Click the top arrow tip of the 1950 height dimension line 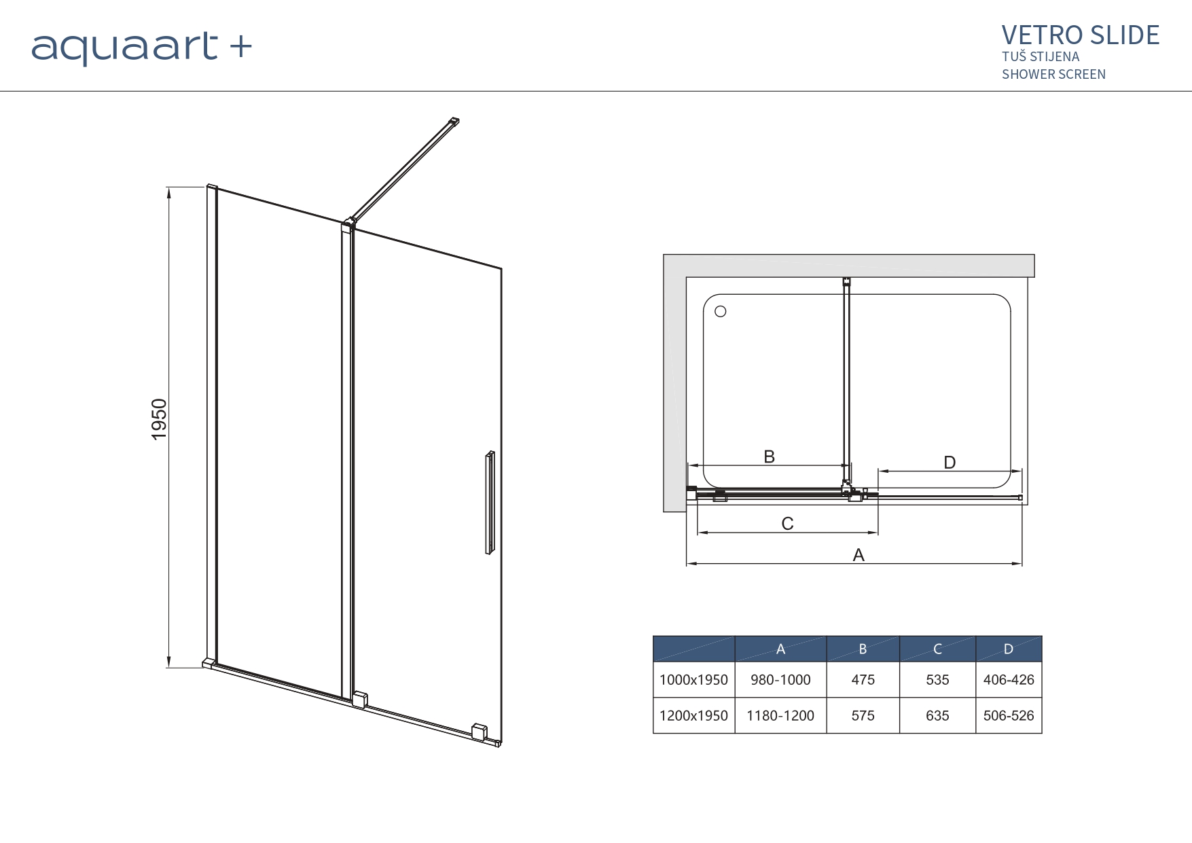[x=168, y=187]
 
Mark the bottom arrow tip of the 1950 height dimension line [x=168, y=668]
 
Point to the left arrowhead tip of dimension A [x=687, y=564]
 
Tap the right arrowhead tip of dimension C [x=878, y=533]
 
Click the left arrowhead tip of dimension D [x=878, y=471]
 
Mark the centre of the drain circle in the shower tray [x=721, y=311]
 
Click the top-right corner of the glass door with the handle [x=502, y=269]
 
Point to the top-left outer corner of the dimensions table [x=653, y=636]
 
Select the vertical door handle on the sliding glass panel [x=490, y=503]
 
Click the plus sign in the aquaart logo [x=240, y=48]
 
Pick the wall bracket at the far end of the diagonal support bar [x=453, y=122]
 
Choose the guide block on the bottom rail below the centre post [x=359, y=700]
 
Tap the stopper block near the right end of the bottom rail [x=480, y=732]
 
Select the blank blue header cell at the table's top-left [x=694, y=649]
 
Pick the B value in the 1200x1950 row [x=863, y=715]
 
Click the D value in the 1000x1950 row [x=1009, y=679]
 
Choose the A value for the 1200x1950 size [x=780, y=715]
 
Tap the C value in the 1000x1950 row [x=937, y=679]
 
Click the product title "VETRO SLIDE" [x=1081, y=35]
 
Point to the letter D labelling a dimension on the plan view [x=950, y=463]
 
